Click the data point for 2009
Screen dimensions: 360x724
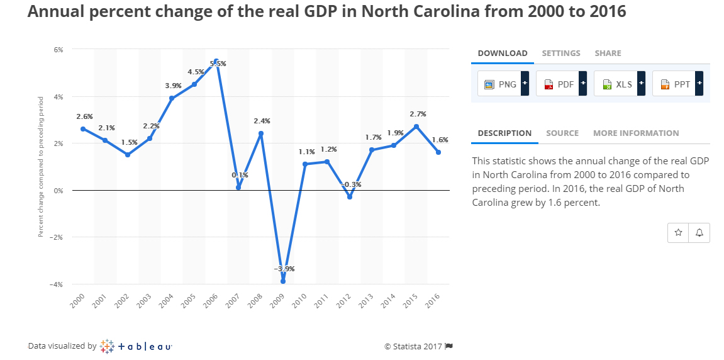click(283, 281)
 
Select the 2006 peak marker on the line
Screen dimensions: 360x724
click(216, 62)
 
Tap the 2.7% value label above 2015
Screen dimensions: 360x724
click(418, 115)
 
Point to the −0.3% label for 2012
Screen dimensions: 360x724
click(351, 184)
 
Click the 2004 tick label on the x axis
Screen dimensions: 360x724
click(166, 301)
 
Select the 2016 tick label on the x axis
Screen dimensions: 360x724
click(432, 301)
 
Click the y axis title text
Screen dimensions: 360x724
click(41, 166)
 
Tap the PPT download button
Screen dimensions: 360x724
click(677, 84)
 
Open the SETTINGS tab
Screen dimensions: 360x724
click(561, 53)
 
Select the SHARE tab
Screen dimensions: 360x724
click(608, 53)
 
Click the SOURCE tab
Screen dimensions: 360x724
click(562, 133)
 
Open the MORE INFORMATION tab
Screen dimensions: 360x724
click(636, 133)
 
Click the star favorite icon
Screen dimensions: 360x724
click(678, 232)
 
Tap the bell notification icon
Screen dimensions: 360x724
click(699, 232)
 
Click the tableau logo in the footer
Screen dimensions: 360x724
click(136, 346)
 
